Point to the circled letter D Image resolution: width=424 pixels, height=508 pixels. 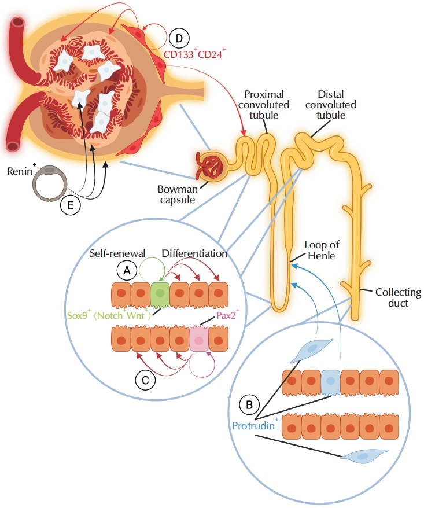[x=179, y=38]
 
